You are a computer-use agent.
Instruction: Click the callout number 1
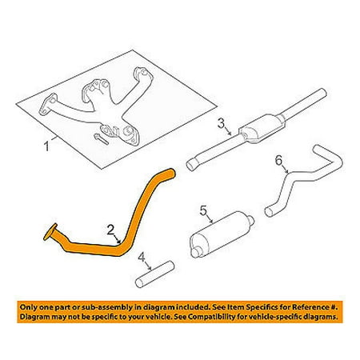[46, 146]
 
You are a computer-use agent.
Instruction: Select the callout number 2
[110, 230]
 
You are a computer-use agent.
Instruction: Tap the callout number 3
[221, 123]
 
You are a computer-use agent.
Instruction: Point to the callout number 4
[142, 258]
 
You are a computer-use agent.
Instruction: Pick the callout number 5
[203, 211]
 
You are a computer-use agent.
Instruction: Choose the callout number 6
[278, 161]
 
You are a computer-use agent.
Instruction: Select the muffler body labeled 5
[222, 234]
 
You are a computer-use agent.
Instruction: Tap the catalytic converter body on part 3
[262, 129]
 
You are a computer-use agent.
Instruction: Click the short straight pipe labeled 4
[154, 274]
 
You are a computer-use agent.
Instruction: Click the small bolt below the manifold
[102, 139]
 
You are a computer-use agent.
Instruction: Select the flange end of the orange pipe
[50, 232]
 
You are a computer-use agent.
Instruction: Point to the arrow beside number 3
[227, 130]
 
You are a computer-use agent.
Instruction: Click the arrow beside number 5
[209, 218]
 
